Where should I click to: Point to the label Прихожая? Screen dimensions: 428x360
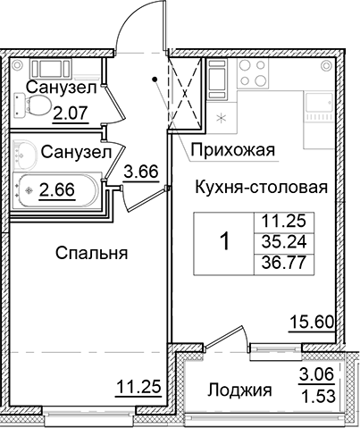pyautogui.click(x=230, y=149)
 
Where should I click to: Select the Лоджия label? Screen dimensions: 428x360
pyautogui.click(x=239, y=390)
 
